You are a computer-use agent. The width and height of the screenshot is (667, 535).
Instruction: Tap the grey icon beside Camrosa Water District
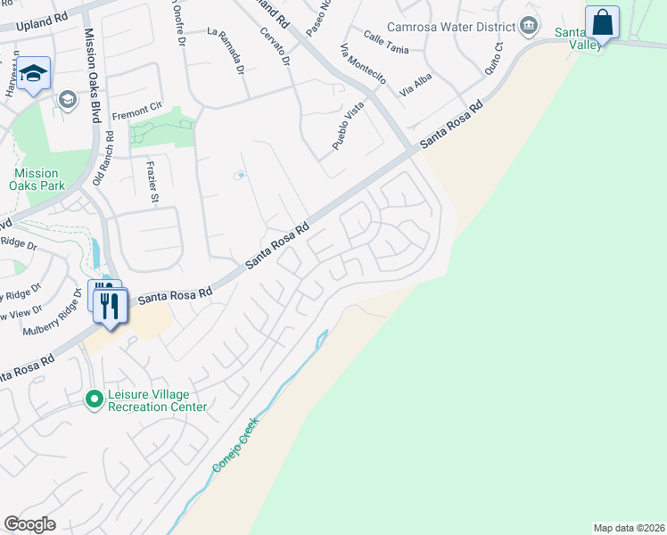(x=531, y=25)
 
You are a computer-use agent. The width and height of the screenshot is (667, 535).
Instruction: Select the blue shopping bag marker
(x=602, y=22)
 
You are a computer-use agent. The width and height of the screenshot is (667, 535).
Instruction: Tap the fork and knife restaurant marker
(x=111, y=304)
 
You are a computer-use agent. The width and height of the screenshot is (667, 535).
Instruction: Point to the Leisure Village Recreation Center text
(x=157, y=401)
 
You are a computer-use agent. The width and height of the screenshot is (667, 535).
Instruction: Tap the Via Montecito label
(x=363, y=64)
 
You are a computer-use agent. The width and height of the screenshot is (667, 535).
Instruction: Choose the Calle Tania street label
(x=386, y=42)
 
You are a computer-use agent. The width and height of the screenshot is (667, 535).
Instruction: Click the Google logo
(x=29, y=524)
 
